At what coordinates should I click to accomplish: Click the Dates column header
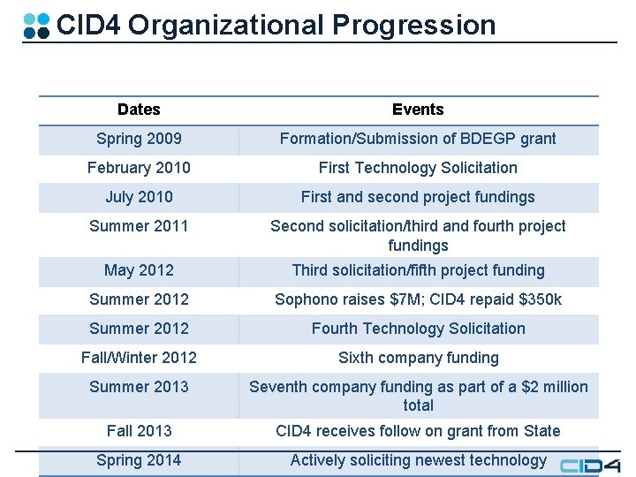139,110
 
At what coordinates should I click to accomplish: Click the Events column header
418,110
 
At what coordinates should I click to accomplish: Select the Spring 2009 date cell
139,139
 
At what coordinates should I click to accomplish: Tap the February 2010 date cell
139,168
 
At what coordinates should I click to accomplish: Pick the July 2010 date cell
139,197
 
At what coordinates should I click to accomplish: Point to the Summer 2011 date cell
139,226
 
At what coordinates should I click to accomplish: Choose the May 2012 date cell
139,270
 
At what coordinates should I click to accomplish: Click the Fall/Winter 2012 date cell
139,358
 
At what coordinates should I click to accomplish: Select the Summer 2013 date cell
139,387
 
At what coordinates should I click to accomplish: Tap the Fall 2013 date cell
139,431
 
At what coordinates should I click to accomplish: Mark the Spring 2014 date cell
139,460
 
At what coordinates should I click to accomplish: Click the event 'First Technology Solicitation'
418,168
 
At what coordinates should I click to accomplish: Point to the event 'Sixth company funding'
418,358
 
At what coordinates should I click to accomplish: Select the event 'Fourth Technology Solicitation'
418,329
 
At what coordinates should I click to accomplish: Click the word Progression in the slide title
414,25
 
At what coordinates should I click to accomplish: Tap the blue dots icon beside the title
36,25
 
